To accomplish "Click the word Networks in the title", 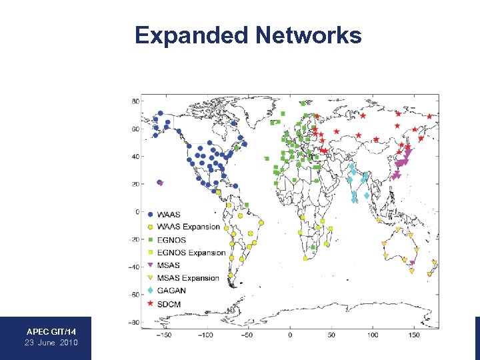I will point(308,35).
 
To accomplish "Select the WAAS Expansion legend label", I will point(188,227).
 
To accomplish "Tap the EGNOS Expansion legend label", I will point(191,253).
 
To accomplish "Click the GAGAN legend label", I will point(171,291).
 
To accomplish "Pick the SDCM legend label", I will point(168,303).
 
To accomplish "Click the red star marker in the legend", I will point(150,303).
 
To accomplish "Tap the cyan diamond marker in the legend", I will point(150,291).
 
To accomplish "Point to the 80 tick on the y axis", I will point(135,101).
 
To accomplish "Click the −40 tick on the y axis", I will point(133,267).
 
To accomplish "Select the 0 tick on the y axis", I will point(137,212).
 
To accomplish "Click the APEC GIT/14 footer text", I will point(51,331).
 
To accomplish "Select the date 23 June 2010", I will point(51,343).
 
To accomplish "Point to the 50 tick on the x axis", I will point(331,335).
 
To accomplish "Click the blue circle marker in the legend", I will point(150,214).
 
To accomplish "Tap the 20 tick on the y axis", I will point(135,185).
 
